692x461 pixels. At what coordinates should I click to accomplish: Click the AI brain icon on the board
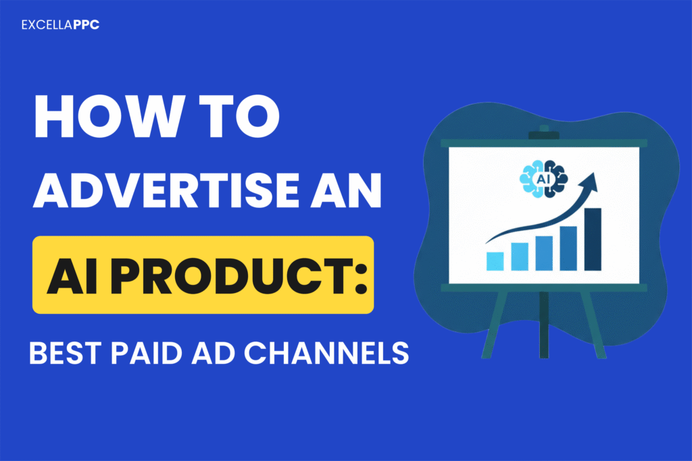pyautogui.click(x=543, y=178)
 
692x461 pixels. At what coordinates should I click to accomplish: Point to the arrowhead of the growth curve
pyautogui.click(x=593, y=181)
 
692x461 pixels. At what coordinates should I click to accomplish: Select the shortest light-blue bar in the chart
pyautogui.click(x=495, y=261)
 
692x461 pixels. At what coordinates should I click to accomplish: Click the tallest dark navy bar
pyautogui.click(x=593, y=240)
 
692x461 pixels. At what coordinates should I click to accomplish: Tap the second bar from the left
pyautogui.click(x=520, y=256)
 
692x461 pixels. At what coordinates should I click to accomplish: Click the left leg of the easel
pyautogui.click(x=495, y=324)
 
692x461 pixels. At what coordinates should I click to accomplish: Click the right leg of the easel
pyautogui.click(x=588, y=324)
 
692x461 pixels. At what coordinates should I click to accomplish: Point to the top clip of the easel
pyautogui.click(x=543, y=134)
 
